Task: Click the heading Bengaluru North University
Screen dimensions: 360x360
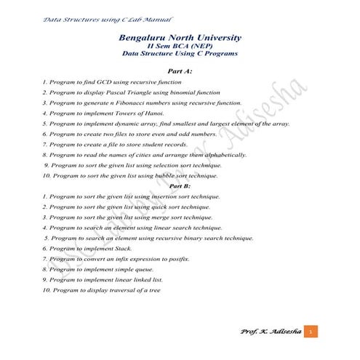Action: pyautogui.click(x=179, y=37)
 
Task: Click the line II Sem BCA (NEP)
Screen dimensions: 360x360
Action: pyautogui.click(x=179, y=46)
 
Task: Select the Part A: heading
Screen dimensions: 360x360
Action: pyautogui.click(x=180, y=72)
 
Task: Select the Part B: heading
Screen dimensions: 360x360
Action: pyautogui.click(x=180, y=185)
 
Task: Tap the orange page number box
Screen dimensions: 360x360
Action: pyautogui.click(x=311, y=332)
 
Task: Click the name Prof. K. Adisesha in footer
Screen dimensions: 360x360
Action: pyautogui.click(x=268, y=332)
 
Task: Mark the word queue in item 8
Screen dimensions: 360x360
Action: pyautogui.click(x=134, y=269)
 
